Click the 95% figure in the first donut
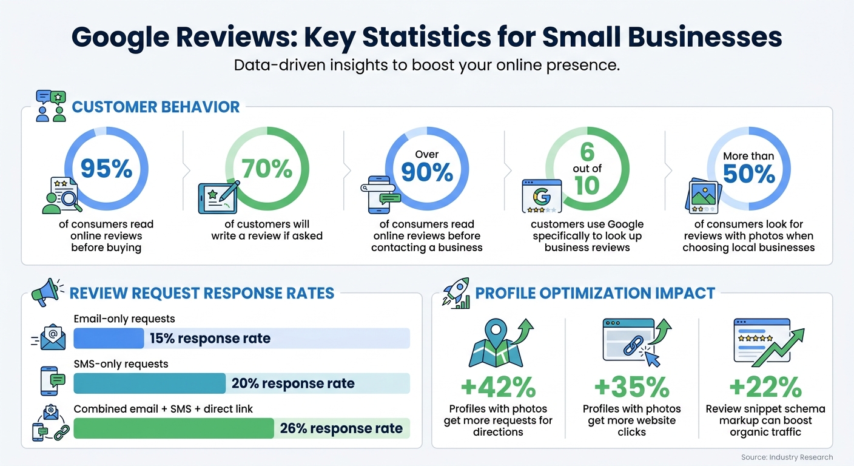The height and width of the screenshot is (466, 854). [106, 169]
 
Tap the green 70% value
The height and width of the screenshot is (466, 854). [267, 169]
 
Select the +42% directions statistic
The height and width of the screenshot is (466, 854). [498, 387]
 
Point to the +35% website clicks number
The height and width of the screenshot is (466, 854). [631, 387]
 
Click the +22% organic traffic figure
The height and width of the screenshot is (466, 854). [765, 387]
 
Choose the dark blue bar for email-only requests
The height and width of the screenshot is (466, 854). [109, 339]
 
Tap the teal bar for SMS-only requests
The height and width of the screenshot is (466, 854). [149, 383]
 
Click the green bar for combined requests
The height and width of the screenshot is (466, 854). [173, 428]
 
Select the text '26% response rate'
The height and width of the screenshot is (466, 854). [341, 428]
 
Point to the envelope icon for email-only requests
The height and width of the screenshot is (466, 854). [52, 336]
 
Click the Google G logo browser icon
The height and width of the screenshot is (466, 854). [539, 197]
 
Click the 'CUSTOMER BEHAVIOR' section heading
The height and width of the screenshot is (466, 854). [156, 107]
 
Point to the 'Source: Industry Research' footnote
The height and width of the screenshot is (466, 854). [787, 457]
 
